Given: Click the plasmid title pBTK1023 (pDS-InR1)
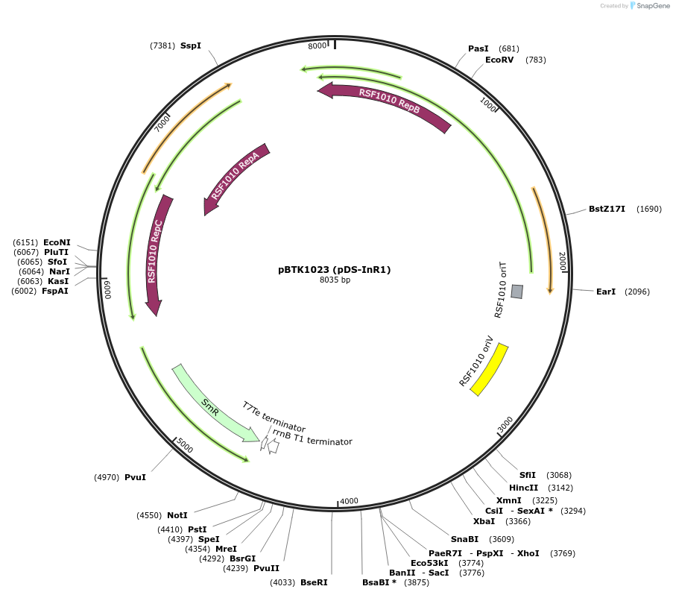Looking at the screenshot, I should click(335, 269).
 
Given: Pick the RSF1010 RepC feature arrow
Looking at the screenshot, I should click(156, 254).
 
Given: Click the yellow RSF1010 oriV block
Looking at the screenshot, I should click(489, 370).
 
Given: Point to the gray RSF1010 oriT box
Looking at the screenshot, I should click(516, 292).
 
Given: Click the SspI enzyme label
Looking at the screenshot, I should click(191, 45).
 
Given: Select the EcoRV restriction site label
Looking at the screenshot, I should click(499, 60).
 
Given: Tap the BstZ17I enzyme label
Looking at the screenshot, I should click(607, 209).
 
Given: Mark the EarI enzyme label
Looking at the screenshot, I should click(606, 292).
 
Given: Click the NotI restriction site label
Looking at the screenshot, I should click(177, 515).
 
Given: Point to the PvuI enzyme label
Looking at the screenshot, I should click(135, 477).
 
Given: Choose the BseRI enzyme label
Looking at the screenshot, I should click(314, 582).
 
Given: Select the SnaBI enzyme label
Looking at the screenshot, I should click(464, 539).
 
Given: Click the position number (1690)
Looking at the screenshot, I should click(648, 209).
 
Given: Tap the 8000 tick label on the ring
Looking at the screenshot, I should click(317, 46).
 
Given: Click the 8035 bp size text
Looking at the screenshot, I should click(335, 280).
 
